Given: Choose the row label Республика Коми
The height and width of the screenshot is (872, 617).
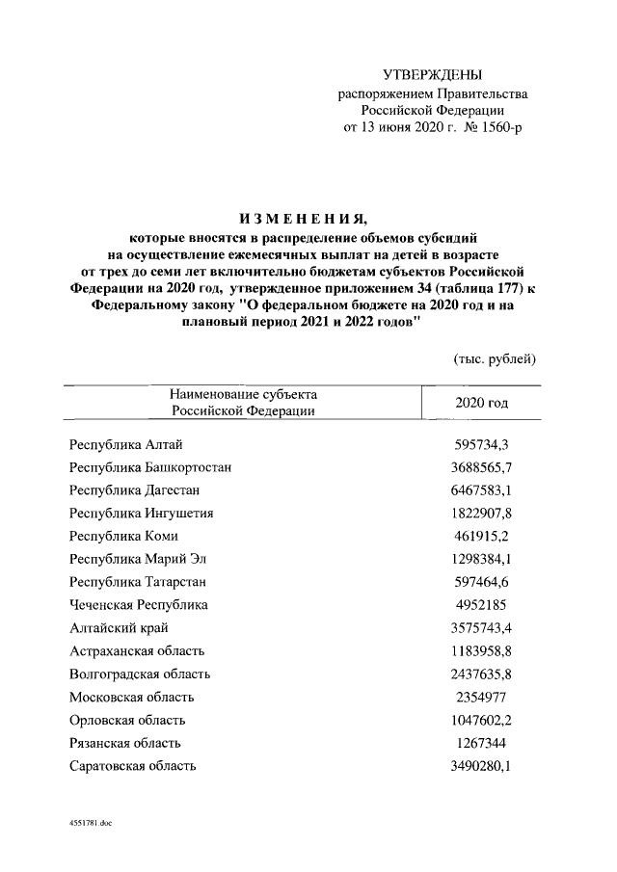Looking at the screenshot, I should [123, 536].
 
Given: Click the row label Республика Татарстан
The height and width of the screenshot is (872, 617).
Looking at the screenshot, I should [138, 582].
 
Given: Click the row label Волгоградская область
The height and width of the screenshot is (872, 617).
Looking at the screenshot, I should [140, 674].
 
